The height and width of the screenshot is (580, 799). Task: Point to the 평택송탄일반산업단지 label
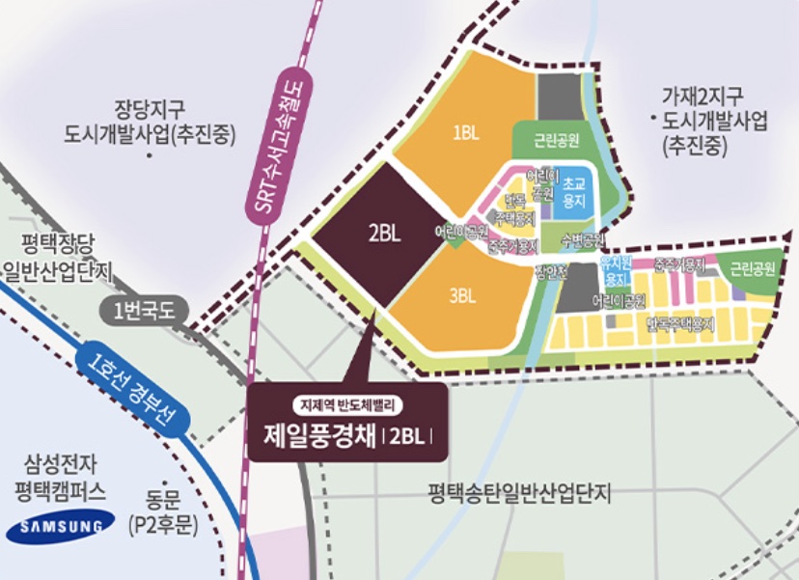click(521, 493)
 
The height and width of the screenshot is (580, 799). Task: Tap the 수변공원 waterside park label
click(581, 238)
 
